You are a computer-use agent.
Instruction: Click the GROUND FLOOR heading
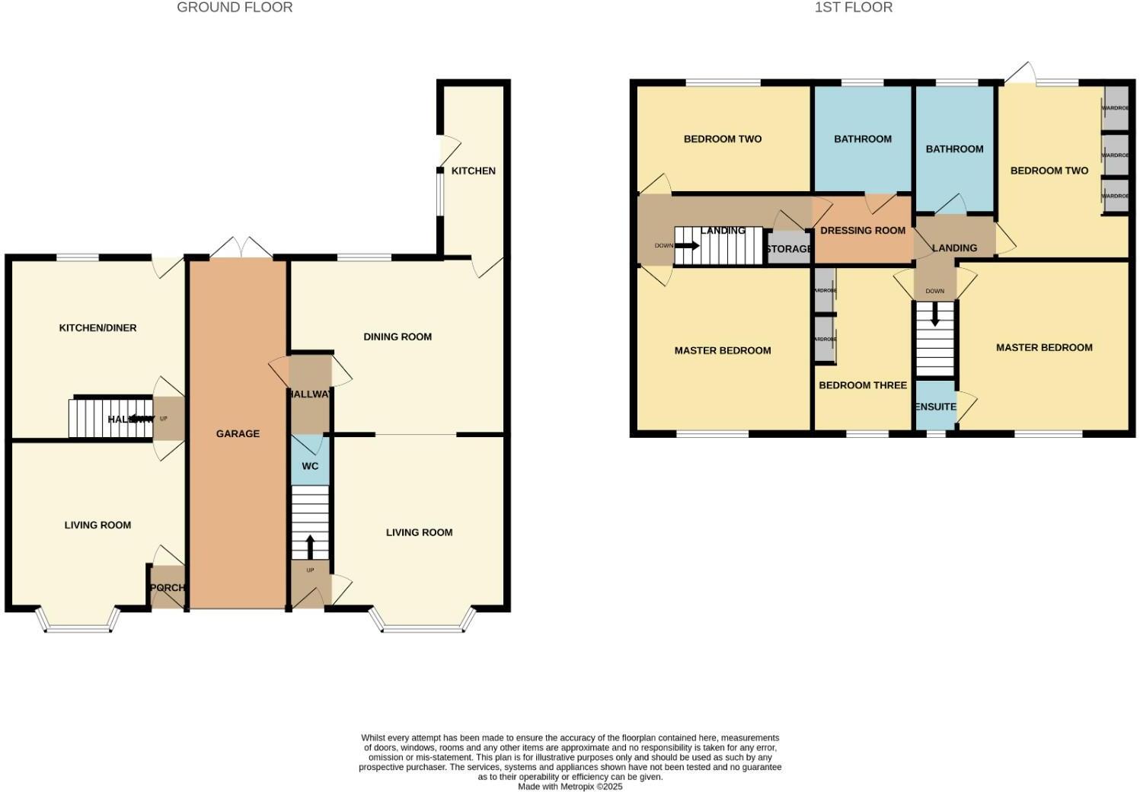click(235, 8)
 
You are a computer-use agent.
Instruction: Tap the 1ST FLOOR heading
click(854, 8)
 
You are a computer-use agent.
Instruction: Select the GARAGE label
click(238, 433)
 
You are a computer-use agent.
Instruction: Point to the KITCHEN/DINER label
click(97, 328)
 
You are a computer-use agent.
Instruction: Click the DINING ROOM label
click(398, 337)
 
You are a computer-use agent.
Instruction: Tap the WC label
click(310, 466)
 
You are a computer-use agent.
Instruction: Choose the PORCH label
click(168, 588)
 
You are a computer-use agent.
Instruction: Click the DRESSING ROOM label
click(863, 230)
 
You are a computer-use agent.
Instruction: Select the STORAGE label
click(789, 249)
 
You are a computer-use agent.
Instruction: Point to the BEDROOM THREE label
click(863, 385)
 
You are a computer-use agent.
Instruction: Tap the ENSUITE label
click(935, 407)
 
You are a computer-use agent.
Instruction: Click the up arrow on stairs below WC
click(310, 546)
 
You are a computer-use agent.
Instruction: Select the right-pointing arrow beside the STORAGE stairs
click(687, 245)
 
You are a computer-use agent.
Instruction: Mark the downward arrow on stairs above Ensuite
click(935, 315)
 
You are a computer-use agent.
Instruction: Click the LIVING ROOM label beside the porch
click(97, 525)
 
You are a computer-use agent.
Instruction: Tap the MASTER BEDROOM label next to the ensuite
click(1044, 347)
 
